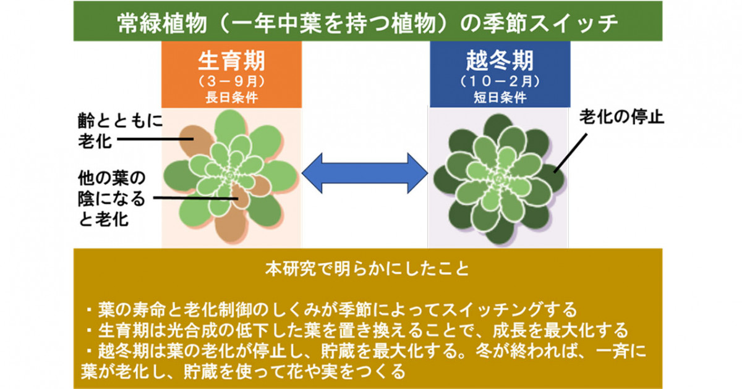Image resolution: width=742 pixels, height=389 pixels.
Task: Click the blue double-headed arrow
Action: [365, 173]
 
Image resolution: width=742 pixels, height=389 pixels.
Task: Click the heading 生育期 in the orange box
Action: [231, 61]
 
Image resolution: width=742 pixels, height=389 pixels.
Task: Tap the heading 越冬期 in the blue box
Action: [500, 61]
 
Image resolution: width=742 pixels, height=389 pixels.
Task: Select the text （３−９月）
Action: [231, 82]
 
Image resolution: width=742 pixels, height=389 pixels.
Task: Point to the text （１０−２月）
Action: [500, 82]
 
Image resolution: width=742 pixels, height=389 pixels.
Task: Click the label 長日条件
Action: [231, 98]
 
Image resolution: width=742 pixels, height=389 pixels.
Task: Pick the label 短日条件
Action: [500, 98]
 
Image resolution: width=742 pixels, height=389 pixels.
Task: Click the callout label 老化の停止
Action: [622, 117]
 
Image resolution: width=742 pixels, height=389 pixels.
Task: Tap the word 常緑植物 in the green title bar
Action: [162, 23]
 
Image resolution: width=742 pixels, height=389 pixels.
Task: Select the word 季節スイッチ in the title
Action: [550, 23]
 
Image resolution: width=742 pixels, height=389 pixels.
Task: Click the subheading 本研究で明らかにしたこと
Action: [367, 269]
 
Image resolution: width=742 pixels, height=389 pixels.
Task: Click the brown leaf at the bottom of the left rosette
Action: [231, 224]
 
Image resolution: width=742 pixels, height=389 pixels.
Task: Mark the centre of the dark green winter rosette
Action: [498, 179]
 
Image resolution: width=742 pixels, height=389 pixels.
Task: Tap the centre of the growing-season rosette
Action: [230, 175]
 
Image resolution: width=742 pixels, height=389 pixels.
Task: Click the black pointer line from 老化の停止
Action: [570, 153]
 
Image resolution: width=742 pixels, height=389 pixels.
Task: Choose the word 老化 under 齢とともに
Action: [95, 141]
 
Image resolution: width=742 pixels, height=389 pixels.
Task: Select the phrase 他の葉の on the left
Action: [112, 178]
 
